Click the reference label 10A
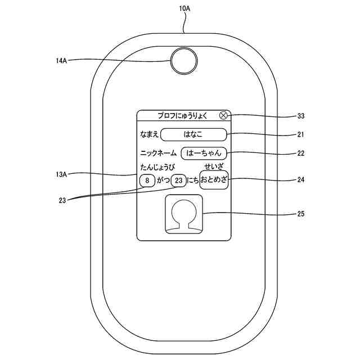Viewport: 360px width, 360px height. [184, 8]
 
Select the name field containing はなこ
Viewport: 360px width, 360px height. [193, 134]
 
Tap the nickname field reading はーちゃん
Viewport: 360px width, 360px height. [204, 152]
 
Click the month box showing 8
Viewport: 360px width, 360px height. [147, 181]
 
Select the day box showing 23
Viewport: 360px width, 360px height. [179, 181]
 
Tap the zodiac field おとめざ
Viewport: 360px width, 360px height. [214, 181]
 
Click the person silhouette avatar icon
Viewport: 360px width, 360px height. [183, 214]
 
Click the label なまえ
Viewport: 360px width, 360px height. [149, 134]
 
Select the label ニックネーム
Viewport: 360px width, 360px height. [158, 152]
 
